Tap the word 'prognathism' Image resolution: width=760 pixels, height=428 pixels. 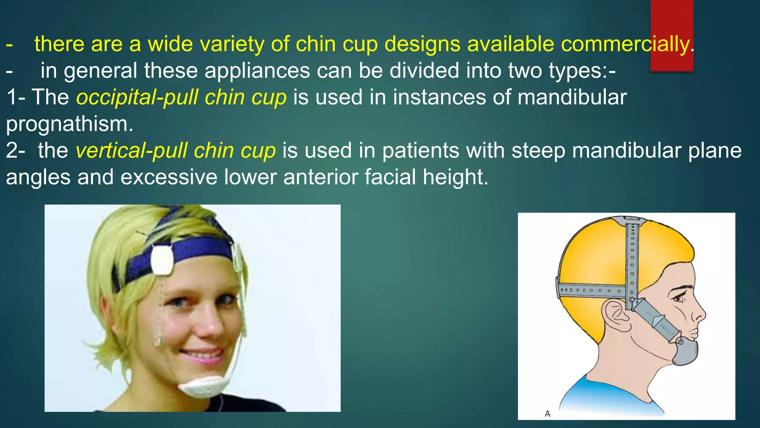coord(69,124)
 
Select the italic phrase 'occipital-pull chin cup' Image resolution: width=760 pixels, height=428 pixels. coord(181,97)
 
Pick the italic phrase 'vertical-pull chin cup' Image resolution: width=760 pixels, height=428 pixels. coord(176,151)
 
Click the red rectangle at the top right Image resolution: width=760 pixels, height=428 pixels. coord(672,22)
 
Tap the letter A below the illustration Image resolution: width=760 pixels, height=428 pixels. coord(547,414)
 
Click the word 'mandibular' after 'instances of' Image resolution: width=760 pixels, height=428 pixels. coord(572,97)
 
